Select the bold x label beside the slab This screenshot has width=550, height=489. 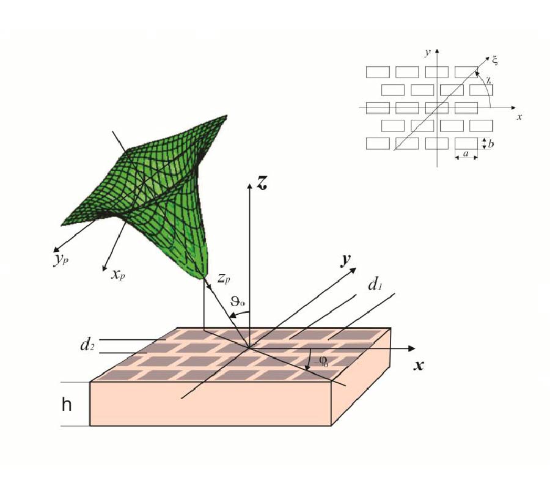click(419, 366)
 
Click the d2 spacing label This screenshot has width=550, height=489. click(87, 345)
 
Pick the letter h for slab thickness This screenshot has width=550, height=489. click(67, 405)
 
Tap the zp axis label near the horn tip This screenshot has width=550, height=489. click(224, 278)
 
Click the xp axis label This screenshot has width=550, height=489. click(118, 274)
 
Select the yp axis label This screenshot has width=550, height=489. click(61, 260)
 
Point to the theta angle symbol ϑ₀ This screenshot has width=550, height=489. click(238, 301)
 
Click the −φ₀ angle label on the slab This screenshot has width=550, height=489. click(321, 361)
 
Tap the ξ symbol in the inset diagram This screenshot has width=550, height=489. click(494, 60)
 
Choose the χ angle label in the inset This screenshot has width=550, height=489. click(488, 80)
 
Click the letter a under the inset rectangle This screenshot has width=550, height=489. click(466, 153)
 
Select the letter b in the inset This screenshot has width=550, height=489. click(491, 144)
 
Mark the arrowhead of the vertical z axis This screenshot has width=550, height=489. click(249, 186)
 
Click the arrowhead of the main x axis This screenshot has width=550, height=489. click(411, 348)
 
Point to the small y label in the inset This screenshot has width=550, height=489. click(427, 53)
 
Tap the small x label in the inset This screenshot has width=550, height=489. click(519, 117)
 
